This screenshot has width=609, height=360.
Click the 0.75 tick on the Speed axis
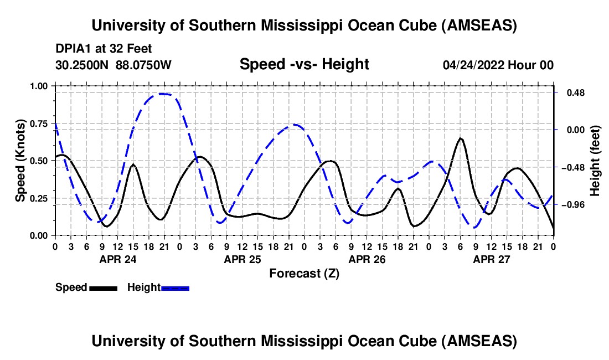coord(39,124)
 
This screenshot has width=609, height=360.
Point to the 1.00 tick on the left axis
coord(39,86)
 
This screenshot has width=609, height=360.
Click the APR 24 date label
coord(117,259)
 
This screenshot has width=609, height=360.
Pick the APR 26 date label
coord(366,259)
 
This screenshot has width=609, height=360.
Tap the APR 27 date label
coord(491,259)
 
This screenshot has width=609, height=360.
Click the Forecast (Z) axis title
coord(304,273)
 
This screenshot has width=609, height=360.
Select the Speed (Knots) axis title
coord(20,161)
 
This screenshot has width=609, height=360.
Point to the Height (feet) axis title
coord(595,161)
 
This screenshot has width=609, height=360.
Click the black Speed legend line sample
coord(103,288)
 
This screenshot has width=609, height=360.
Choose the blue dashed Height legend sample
coord(175,288)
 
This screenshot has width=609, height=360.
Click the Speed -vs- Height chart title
coord(304,64)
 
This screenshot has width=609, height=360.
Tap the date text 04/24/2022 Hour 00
coord(498,65)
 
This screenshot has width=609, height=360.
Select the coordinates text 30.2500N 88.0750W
coord(113,65)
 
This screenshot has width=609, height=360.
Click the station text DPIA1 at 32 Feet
coord(104,49)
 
